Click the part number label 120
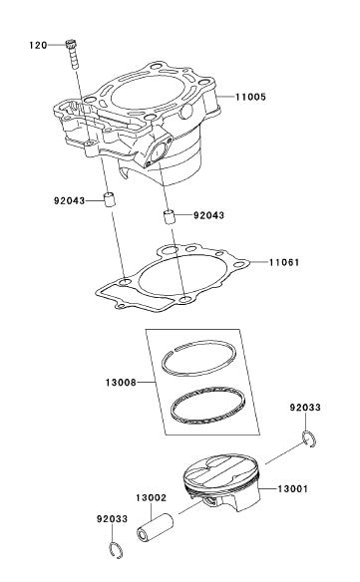(x=38, y=45)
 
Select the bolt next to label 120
(x=73, y=54)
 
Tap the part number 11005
(x=250, y=98)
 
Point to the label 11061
(x=284, y=262)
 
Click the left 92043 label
(x=70, y=200)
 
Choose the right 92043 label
(x=208, y=215)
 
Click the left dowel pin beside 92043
(x=109, y=199)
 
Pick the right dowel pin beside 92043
(x=170, y=217)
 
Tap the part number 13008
(x=121, y=383)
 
